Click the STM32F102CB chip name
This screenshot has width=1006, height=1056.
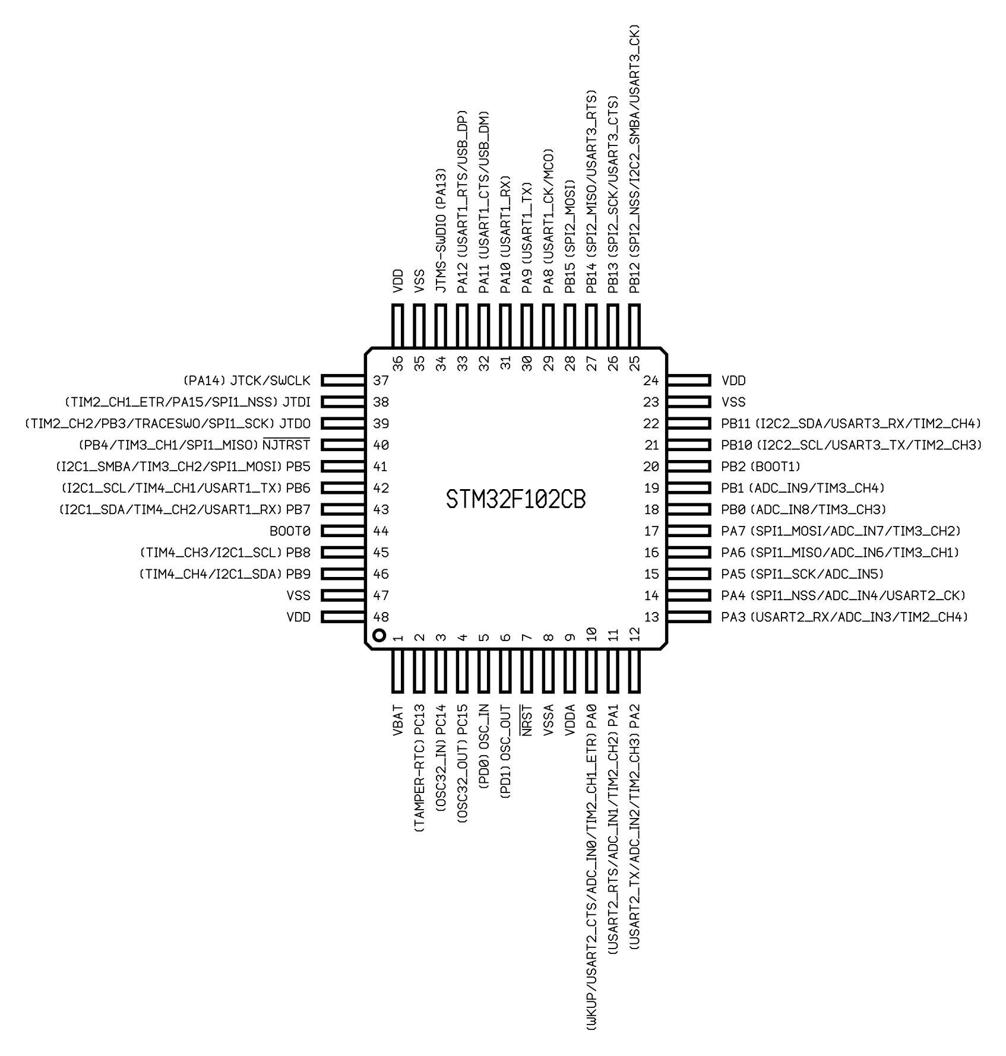[515, 500]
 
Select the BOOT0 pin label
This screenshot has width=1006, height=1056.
[290, 531]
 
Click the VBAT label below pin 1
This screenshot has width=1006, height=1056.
[398, 721]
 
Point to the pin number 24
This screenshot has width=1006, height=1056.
[651, 380]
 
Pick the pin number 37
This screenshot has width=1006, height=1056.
[381, 380]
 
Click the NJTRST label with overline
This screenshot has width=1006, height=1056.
[286, 444]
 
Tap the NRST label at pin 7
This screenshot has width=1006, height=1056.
[526, 721]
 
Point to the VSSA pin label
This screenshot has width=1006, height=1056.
[548, 721]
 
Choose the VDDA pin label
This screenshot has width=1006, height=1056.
[570, 721]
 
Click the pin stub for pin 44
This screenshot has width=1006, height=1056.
[343, 531]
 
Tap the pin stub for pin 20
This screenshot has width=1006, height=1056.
[689, 467]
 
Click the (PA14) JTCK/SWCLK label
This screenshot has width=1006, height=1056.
[246, 380]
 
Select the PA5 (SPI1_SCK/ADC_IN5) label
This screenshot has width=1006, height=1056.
[803, 574]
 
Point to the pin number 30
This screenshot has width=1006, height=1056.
[527, 363]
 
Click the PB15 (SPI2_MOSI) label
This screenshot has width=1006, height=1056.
[570, 236]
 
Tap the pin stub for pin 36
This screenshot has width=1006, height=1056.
[398, 326]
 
